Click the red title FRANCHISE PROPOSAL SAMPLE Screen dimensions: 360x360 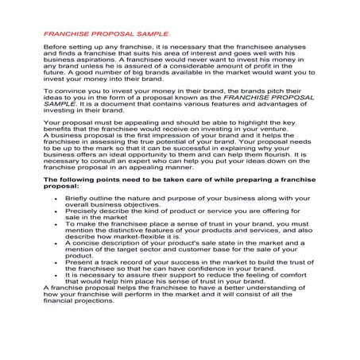tap(106, 36)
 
